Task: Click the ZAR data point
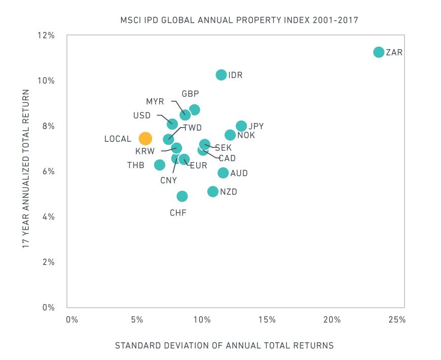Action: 379,52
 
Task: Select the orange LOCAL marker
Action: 145,139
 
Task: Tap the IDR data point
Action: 221,75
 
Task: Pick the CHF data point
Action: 182,196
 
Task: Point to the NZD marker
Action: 213,191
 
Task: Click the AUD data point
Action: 223,173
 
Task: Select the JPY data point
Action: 241,126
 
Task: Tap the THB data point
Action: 160,165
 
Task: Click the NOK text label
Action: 246,135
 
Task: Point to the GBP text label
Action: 190,94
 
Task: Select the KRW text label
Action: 145,151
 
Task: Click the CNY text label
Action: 168,180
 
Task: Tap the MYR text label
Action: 155,101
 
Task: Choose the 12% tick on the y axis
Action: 46,35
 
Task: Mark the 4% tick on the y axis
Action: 47,217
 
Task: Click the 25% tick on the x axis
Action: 397,320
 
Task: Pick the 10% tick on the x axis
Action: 202,320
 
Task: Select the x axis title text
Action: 225,346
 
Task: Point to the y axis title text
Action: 24,168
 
